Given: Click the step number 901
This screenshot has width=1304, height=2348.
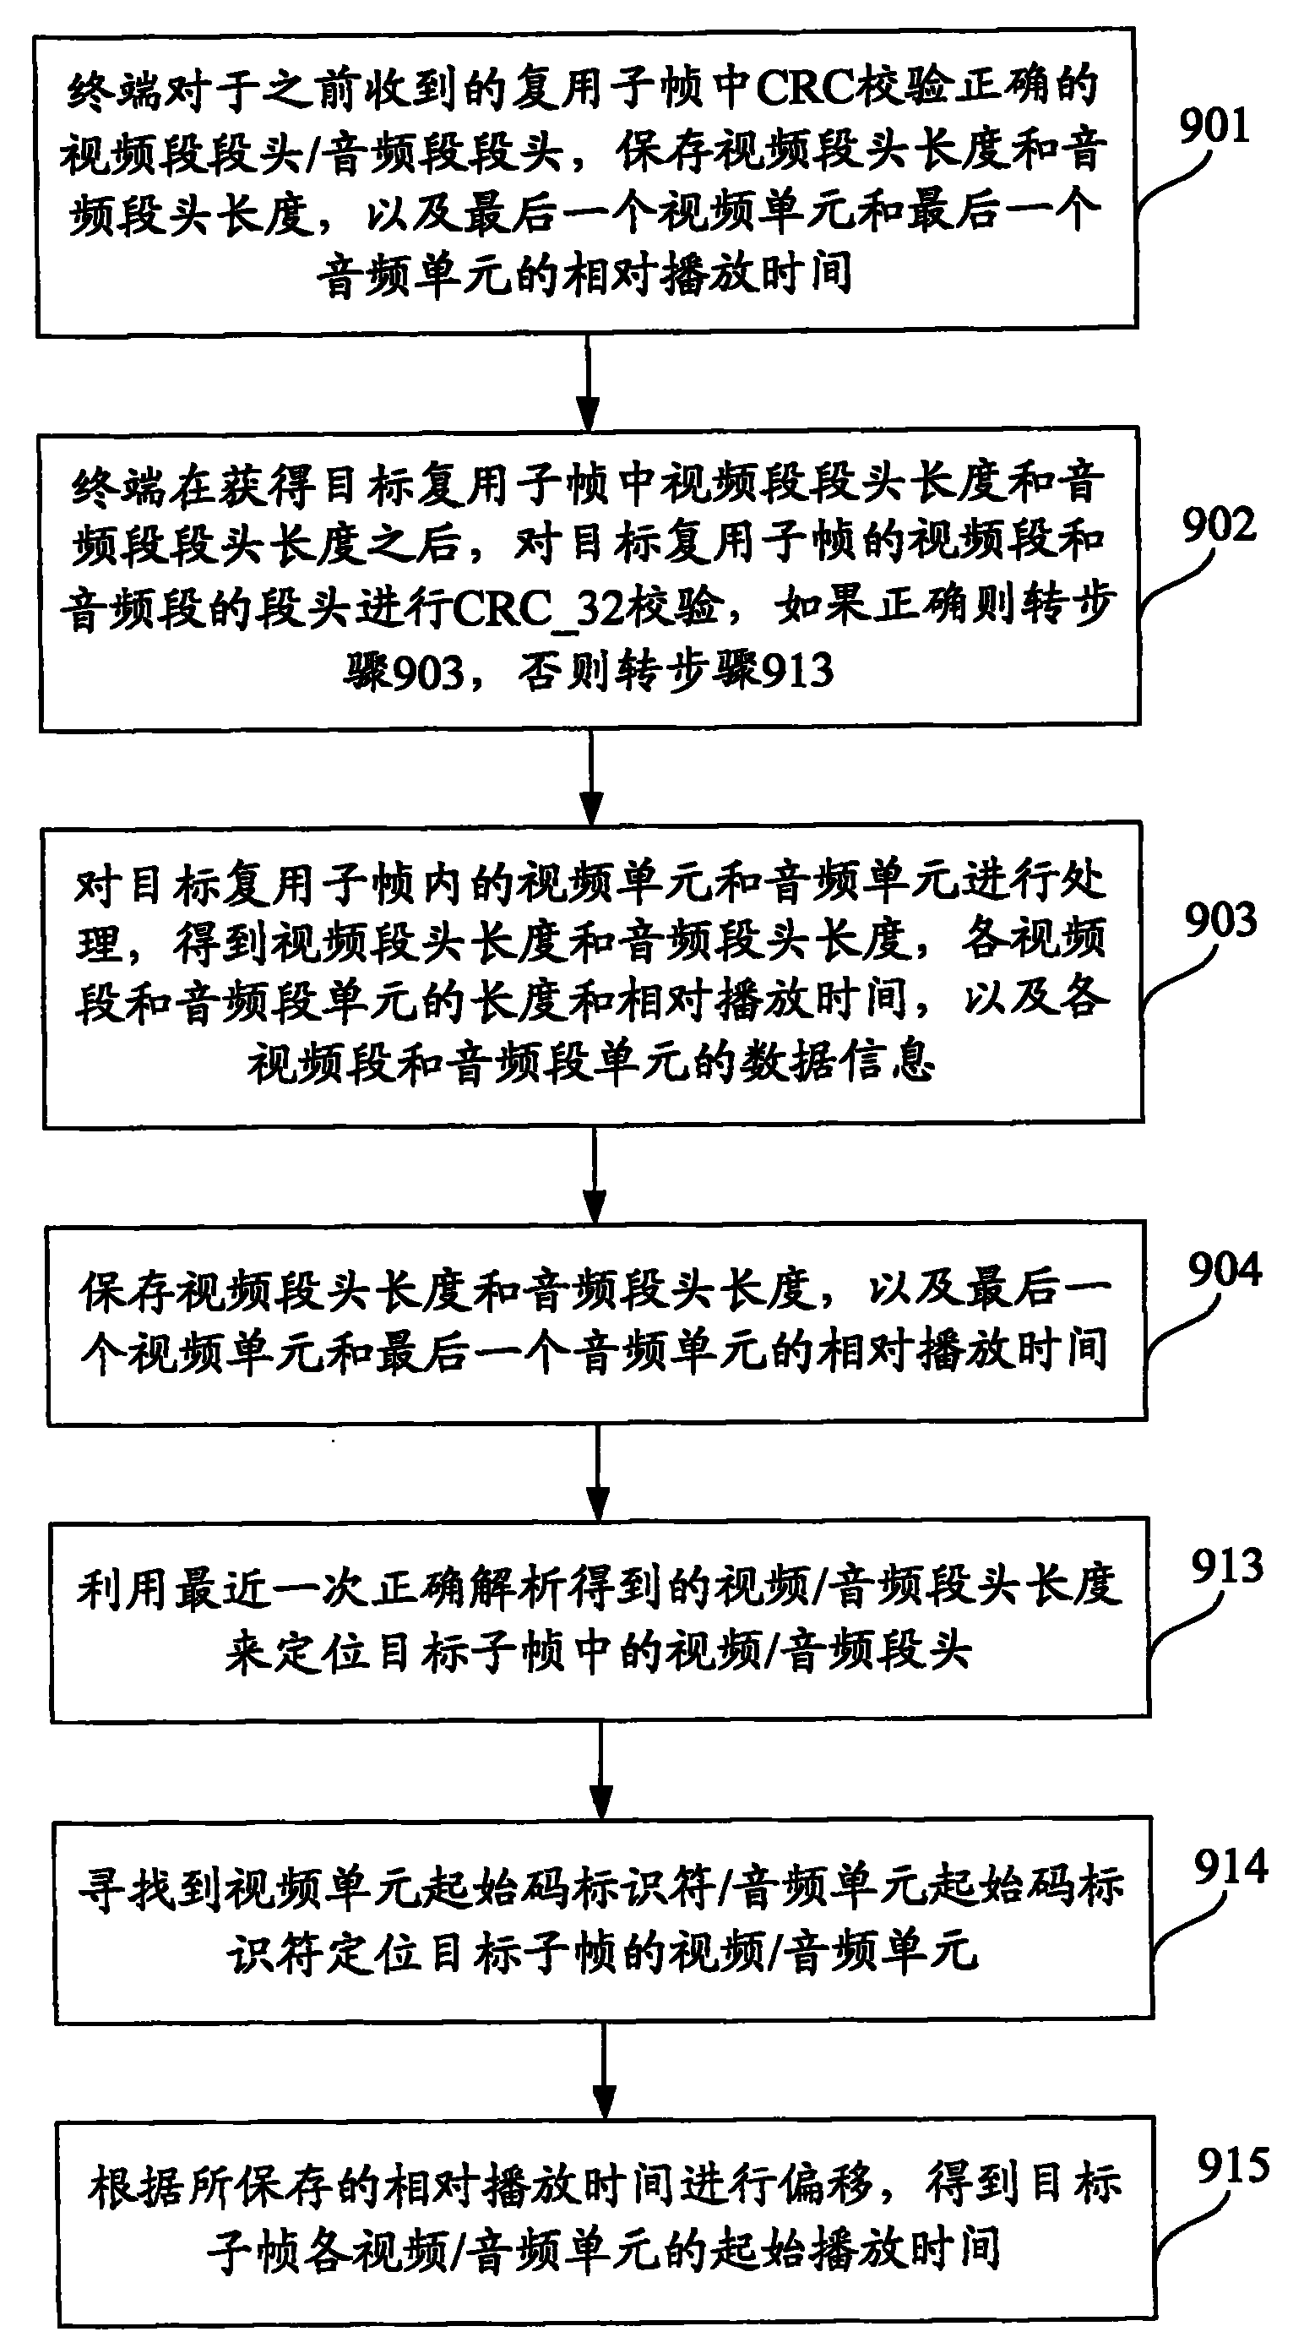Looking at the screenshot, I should (1214, 125).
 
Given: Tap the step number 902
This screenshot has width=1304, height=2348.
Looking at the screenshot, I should (1219, 525).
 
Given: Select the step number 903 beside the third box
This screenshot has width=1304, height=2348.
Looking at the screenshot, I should (1220, 921).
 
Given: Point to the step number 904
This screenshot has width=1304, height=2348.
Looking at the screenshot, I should (1224, 1270).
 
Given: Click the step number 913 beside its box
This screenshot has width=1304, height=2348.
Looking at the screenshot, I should (1226, 1566).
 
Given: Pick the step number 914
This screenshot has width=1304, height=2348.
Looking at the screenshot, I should (1231, 1867).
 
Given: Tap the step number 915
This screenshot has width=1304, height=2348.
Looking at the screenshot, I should (1233, 2165).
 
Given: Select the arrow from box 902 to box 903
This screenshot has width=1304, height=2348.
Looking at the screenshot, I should (591, 776).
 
